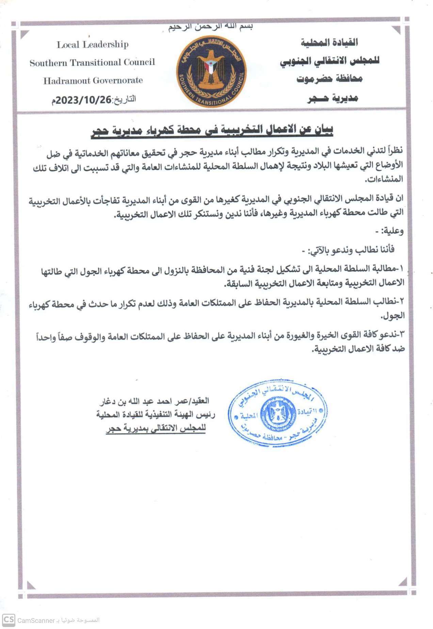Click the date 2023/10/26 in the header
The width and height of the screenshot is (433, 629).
click(x=84, y=100)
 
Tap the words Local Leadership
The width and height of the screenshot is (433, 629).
click(x=93, y=45)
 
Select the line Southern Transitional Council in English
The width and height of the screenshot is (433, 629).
click(x=92, y=63)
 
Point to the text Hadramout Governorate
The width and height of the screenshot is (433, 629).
click(x=93, y=81)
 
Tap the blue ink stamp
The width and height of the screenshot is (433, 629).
click(x=277, y=413)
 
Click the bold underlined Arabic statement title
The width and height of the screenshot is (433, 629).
click(x=212, y=130)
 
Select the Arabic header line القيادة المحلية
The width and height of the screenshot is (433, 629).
click(x=329, y=43)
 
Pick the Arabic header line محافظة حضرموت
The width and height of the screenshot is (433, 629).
click(x=329, y=79)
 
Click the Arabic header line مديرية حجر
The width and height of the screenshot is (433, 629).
click(x=333, y=98)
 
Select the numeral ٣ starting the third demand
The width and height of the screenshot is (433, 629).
click(x=401, y=335)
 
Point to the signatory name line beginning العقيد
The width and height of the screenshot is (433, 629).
click(x=154, y=401)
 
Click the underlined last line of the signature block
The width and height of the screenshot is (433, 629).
click(x=156, y=429)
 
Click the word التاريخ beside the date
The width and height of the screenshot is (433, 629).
click(x=125, y=99)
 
